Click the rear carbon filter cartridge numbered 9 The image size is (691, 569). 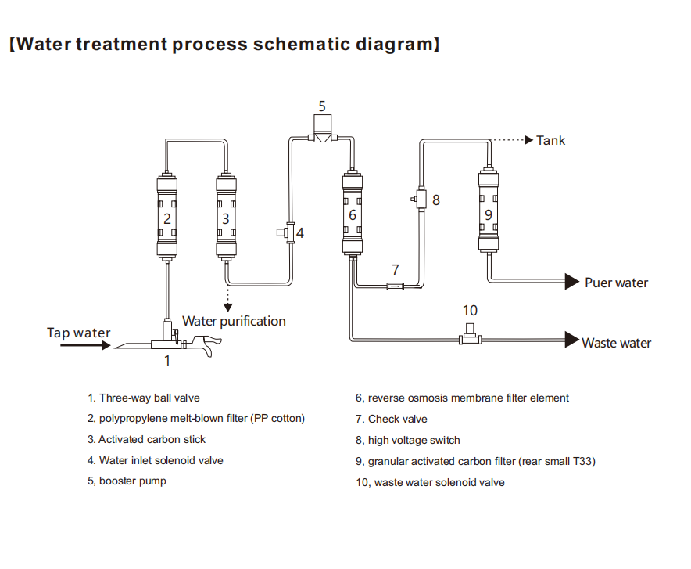click(x=489, y=212)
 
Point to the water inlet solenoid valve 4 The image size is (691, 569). click(x=286, y=232)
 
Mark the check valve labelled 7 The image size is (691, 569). click(x=396, y=287)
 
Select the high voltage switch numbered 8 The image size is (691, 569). click(x=421, y=199)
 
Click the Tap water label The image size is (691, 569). click(x=79, y=333)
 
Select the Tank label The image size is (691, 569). click(x=550, y=141)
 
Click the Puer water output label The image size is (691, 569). click(x=616, y=283)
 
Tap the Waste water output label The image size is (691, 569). click(x=616, y=343)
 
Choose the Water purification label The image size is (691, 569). click(x=234, y=321)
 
